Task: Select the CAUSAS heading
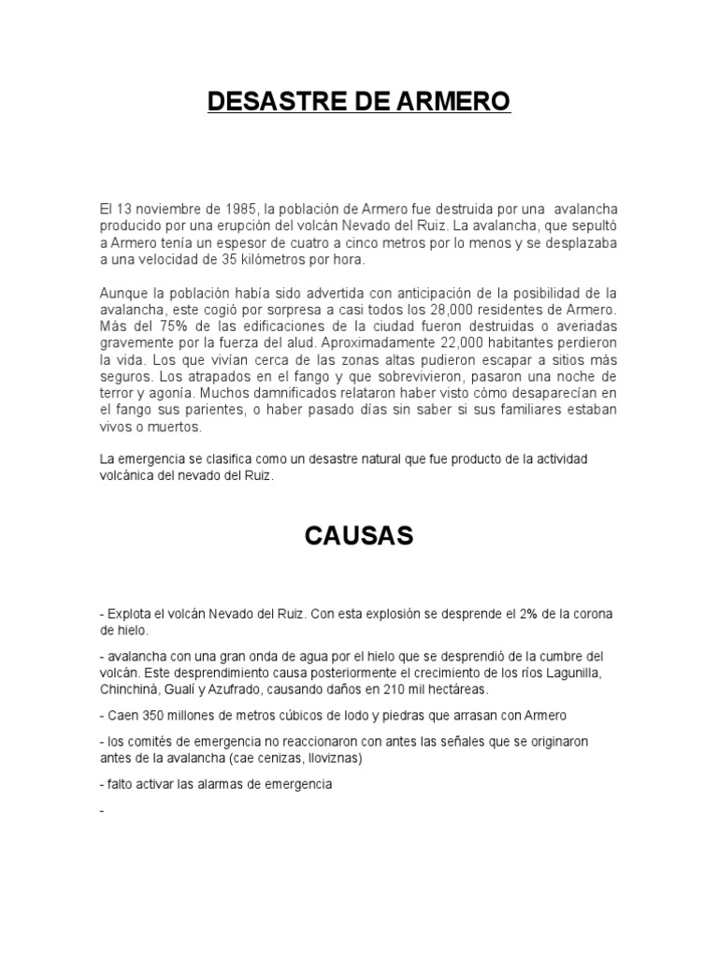[359, 536]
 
